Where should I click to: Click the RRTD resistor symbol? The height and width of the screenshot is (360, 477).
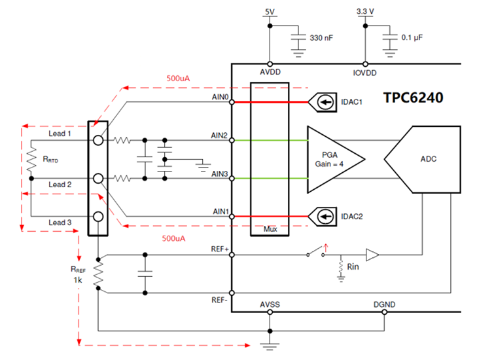[29, 159]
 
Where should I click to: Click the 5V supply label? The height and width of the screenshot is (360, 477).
[270, 12]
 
